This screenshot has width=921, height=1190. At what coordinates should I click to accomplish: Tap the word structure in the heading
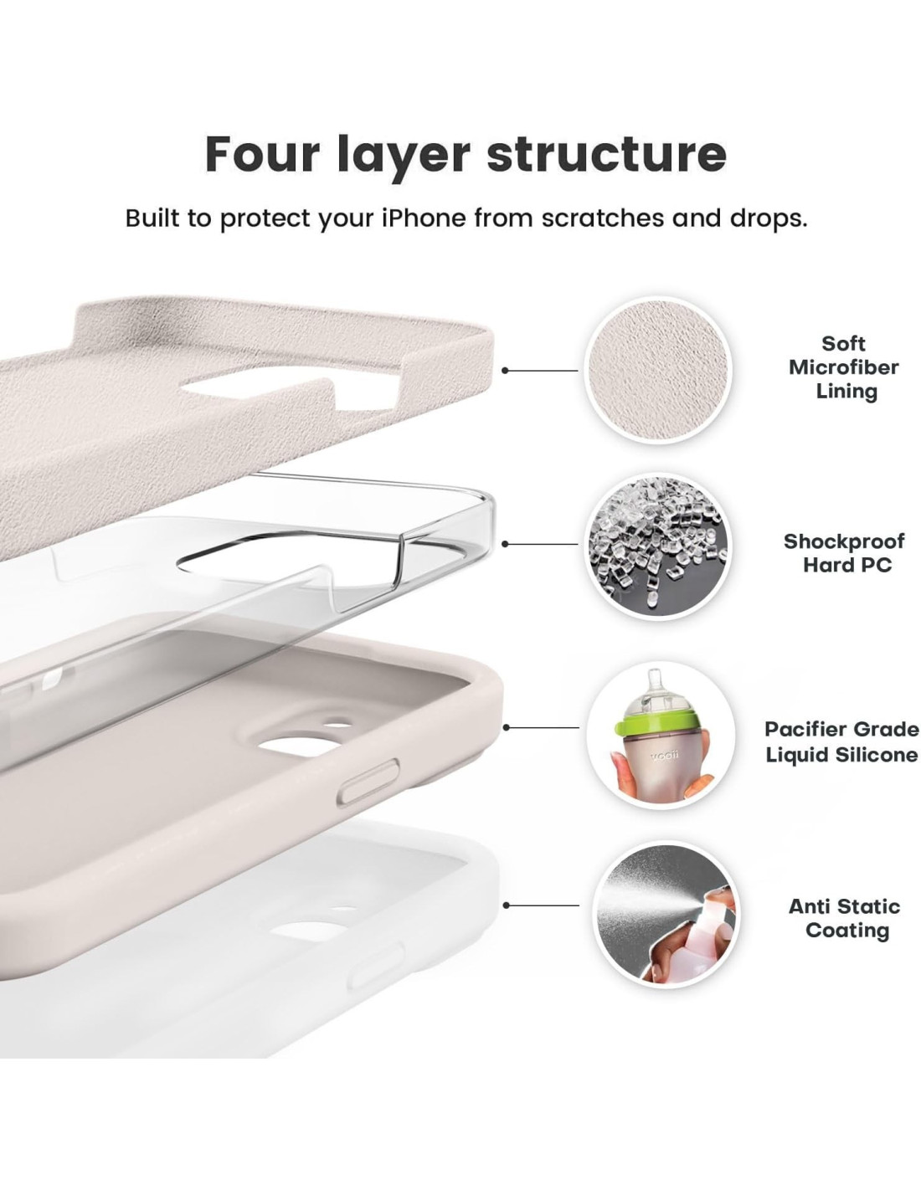click(x=606, y=155)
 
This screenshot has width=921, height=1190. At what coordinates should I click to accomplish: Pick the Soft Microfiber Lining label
click(x=844, y=367)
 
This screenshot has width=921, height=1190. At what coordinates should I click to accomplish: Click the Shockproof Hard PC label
click(x=844, y=553)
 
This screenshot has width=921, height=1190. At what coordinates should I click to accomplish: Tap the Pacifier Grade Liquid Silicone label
click(x=841, y=742)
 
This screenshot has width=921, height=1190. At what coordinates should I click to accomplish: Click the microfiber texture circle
click(x=657, y=370)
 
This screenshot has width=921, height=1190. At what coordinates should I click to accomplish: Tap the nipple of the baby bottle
click(x=653, y=685)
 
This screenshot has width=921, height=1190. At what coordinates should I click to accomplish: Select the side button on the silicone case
click(x=368, y=783)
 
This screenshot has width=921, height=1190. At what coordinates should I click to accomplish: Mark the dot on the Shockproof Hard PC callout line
click(x=505, y=544)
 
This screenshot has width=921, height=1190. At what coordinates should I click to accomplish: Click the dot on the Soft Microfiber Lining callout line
click(x=505, y=370)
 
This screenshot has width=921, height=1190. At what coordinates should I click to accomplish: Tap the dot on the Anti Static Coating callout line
click(x=506, y=905)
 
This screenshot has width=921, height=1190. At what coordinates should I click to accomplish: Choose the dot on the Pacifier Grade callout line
click(x=506, y=727)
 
